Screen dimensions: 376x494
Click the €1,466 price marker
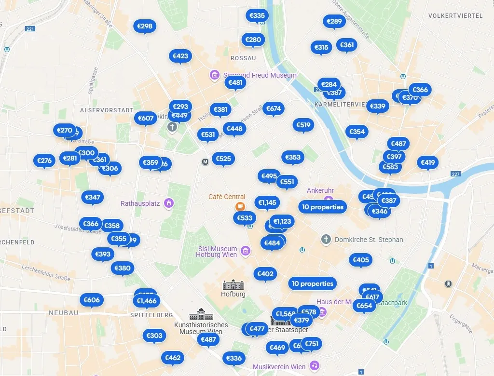147,301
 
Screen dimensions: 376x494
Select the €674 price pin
274,108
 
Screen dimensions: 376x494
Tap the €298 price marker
145,27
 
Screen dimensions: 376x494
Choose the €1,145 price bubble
267,202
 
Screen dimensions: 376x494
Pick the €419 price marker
428,162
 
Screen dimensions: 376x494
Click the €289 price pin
334,21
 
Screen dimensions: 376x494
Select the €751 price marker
312,344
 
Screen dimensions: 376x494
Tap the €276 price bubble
44,161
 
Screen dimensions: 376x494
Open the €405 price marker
361,260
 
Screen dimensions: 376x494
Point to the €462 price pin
173,358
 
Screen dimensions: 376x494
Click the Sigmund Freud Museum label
260,75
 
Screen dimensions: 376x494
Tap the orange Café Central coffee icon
240,206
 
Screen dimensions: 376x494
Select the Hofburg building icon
233,284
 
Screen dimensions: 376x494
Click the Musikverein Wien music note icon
315,365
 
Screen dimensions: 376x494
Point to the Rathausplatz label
140,203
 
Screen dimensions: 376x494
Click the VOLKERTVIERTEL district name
455,16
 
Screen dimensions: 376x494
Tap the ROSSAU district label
243,58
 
